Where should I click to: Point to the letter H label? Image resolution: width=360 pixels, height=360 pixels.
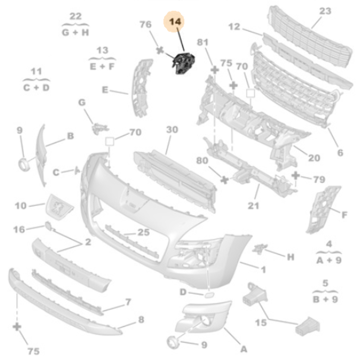click(x=291, y=257)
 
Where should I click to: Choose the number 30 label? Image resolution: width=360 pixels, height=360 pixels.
click(x=172, y=130)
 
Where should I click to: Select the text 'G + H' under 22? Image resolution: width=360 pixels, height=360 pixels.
click(x=76, y=32)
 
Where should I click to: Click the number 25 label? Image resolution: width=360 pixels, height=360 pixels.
click(x=143, y=233)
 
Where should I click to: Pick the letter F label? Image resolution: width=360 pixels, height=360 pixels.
click(x=344, y=215)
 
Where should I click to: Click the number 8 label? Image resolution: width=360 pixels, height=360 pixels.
click(x=141, y=320)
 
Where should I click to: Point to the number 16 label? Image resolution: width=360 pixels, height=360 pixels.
click(x=19, y=230)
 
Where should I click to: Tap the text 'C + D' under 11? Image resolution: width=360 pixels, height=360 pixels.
click(x=36, y=87)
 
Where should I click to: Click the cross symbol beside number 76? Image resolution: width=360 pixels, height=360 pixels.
click(x=159, y=50)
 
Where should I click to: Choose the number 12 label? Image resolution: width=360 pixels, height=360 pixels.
click(x=234, y=27)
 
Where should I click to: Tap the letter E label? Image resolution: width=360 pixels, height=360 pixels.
click(x=105, y=90)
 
